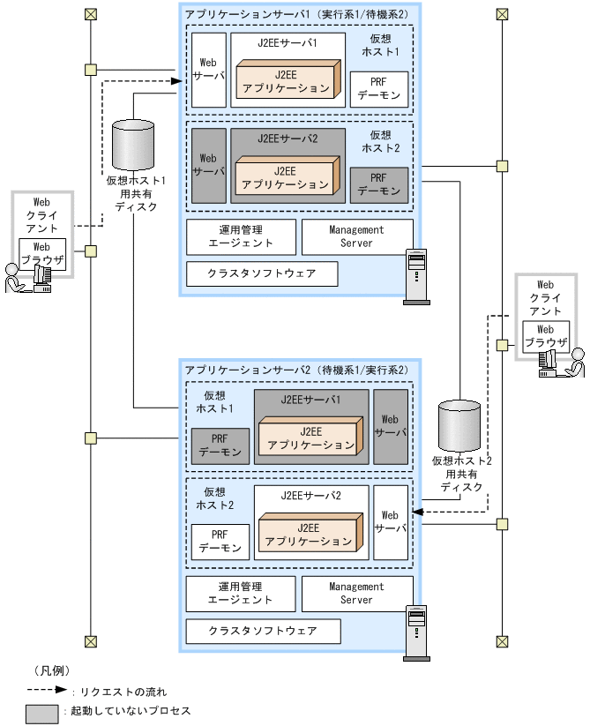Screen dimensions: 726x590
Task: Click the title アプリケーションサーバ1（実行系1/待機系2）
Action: (295, 15)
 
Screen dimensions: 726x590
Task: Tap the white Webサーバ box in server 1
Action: (209, 70)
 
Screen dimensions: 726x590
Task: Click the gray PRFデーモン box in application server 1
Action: (379, 183)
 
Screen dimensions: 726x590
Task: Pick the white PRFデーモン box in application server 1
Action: (379, 89)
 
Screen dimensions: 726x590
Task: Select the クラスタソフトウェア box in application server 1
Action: (262, 274)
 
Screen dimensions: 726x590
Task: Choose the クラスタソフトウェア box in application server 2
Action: (262, 632)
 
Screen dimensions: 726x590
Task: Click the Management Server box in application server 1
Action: (357, 236)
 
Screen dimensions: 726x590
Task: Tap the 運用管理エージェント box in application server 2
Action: (240, 593)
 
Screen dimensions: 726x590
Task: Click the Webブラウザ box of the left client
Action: (42, 254)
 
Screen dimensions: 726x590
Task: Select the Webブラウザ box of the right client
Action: (546, 336)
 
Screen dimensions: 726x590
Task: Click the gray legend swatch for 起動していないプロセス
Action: (42, 711)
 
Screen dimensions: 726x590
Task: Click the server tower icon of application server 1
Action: (414, 277)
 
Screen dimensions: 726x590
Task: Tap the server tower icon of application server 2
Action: (414, 632)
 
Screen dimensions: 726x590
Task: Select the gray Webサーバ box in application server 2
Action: (391, 426)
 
